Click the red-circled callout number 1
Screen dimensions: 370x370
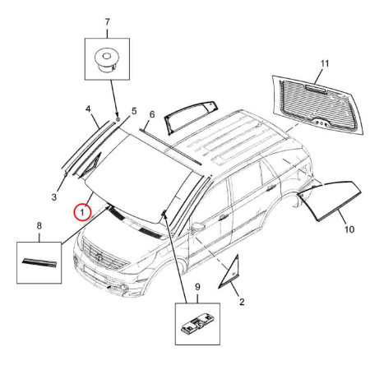point(82,212)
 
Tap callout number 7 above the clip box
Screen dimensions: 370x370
point(107,21)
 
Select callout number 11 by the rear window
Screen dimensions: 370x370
point(325,64)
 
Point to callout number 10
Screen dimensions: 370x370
point(349,229)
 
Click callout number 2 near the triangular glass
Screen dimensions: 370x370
point(242,302)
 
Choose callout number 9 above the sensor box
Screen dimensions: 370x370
point(197,287)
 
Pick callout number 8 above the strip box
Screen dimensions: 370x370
point(39,226)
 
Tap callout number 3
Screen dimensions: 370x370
point(54,197)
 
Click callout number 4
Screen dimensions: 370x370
point(88,109)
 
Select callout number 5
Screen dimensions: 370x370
point(134,111)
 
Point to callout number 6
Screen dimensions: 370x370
point(152,114)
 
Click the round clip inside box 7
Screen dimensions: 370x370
point(107,61)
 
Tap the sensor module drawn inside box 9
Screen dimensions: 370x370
point(197,324)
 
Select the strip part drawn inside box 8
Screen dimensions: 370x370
point(39,263)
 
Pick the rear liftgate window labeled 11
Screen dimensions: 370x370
point(318,105)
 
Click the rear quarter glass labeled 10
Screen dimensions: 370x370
point(330,200)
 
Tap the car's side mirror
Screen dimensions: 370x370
point(199,227)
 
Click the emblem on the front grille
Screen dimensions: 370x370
point(98,257)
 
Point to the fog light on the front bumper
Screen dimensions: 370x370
point(125,288)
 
